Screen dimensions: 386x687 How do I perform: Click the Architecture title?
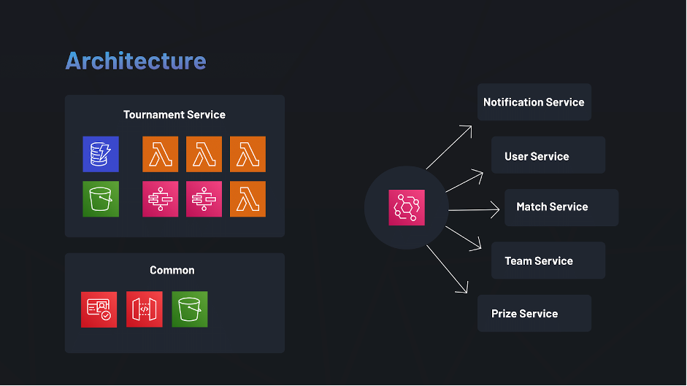tap(136, 61)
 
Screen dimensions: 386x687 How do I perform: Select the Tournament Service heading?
tap(174, 115)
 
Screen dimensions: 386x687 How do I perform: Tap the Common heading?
tap(172, 270)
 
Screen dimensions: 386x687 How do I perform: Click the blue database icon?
tap(100, 154)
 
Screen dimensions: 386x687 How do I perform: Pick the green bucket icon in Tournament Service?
tap(100, 199)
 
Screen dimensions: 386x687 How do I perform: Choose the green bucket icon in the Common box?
tap(190, 309)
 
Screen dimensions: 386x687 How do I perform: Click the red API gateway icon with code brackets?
tap(145, 309)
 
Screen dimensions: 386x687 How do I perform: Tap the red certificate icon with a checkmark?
tap(99, 309)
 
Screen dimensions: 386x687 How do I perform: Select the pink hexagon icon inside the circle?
tap(407, 207)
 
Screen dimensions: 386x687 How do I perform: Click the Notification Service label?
tap(534, 102)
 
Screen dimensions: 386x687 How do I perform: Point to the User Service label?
tap(537, 156)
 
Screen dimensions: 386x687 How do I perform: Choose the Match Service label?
tap(552, 206)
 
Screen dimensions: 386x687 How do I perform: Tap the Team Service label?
tap(539, 260)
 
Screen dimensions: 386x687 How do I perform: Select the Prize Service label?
tap(524, 314)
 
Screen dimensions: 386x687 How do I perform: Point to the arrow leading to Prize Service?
tap(447, 269)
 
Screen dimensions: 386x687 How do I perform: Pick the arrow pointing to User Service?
tap(464, 182)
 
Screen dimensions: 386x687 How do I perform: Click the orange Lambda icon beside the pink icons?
tap(247, 199)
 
